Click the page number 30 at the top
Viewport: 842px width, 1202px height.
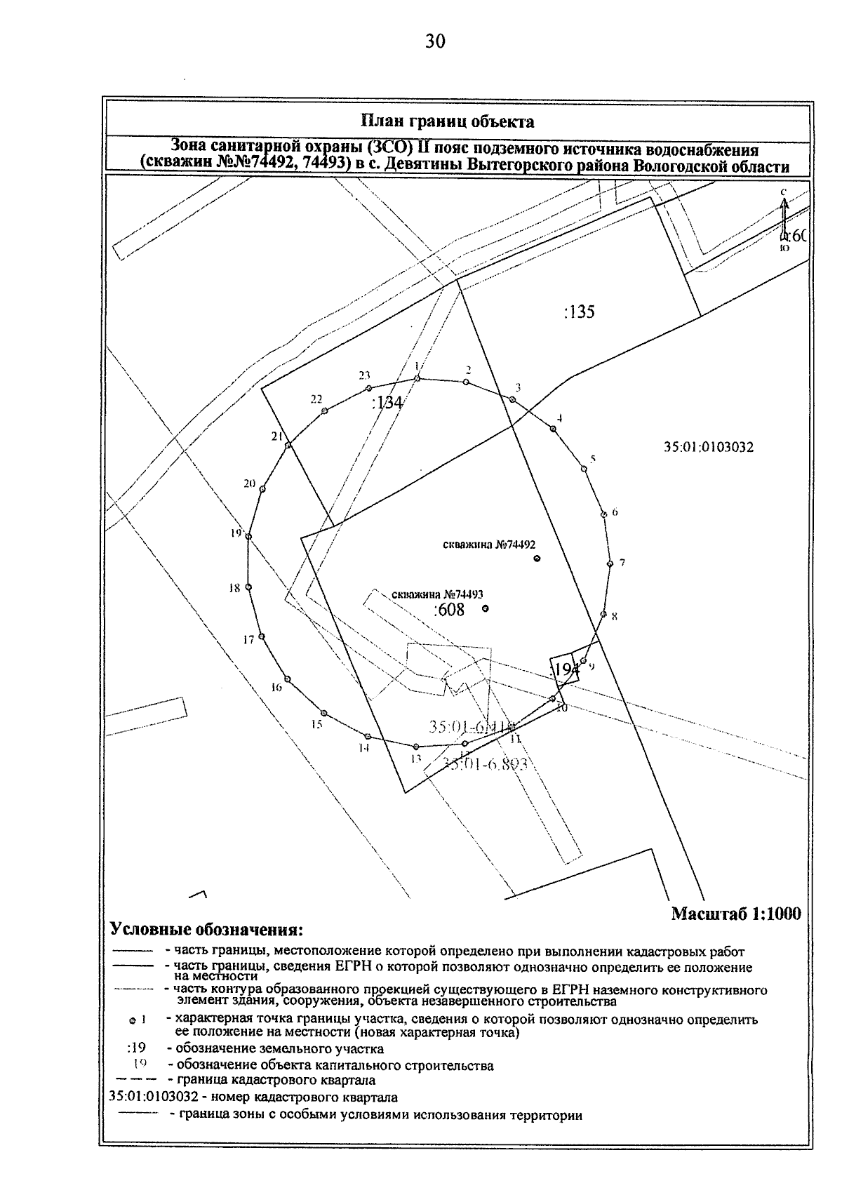point(434,42)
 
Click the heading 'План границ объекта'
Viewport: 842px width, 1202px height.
point(447,121)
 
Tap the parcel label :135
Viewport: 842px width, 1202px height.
point(579,312)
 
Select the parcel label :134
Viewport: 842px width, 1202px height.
point(387,403)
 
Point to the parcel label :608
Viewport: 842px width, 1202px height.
point(450,610)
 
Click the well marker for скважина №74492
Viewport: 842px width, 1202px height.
point(537,559)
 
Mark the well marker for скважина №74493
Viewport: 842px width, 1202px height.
point(486,609)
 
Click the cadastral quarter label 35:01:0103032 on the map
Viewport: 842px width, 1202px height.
point(709,447)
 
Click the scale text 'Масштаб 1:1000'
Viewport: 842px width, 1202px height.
point(735,914)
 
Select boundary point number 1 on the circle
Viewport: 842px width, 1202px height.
point(417,379)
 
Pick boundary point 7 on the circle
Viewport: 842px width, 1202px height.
point(610,563)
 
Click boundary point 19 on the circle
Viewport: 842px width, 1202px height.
point(248,537)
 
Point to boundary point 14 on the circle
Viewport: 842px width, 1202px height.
point(367,736)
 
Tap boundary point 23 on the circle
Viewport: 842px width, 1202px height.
point(368,388)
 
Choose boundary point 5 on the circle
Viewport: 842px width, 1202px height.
point(584,469)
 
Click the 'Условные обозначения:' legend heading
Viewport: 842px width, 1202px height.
point(207,930)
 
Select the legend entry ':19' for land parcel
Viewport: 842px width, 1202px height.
point(136,1049)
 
